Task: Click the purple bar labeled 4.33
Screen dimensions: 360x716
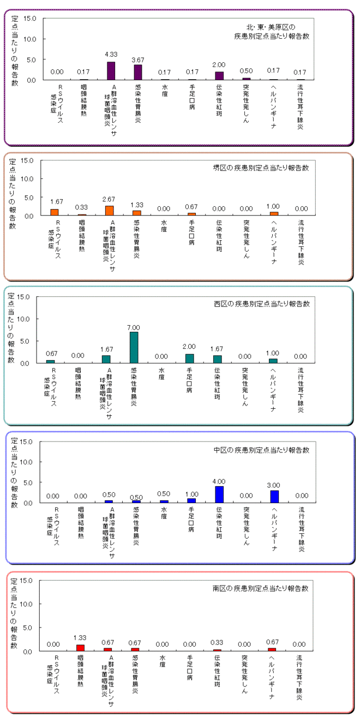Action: pyautogui.click(x=111, y=70)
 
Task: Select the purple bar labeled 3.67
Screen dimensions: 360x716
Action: pyautogui.click(x=138, y=72)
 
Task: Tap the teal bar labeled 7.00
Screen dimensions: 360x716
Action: pyautogui.click(x=134, y=348)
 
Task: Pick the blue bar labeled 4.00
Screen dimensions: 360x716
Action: pyautogui.click(x=219, y=494)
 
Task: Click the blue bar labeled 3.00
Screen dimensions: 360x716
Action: pyautogui.click(x=274, y=497)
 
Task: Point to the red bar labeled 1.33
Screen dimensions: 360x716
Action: pyautogui.click(x=81, y=648)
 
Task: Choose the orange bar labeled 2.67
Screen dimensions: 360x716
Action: pyautogui.click(x=109, y=211)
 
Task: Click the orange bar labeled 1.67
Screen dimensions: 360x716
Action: pyautogui.click(x=55, y=212)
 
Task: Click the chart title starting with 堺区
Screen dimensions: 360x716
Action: pyautogui.click(x=261, y=168)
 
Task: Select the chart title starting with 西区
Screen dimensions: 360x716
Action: pyautogui.click(x=262, y=303)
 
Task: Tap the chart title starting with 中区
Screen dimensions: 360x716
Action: pyautogui.click(x=262, y=450)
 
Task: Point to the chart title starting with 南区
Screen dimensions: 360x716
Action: pyautogui.click(x=261, y=588)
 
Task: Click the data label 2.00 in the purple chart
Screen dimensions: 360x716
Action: pyautogui.click(x=219, y=65)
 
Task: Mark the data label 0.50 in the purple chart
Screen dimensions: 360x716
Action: pyautogui.click(x=247, y=71)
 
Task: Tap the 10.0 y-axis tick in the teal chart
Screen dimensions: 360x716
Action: pyautogui.click(x=23, y=319)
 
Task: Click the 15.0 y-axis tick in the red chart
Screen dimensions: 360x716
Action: pyautogui.click(x=26, y=581)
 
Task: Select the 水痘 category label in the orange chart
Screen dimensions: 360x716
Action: pyautogui.click(x=164, y=226)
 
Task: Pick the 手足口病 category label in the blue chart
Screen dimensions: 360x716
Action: pyautogui.click(x=191, y=520)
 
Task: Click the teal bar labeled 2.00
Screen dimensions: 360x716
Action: pyautogui.click(x=189, y=359)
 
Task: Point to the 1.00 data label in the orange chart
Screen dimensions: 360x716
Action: pyautogui.click(x=273, y=206)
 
